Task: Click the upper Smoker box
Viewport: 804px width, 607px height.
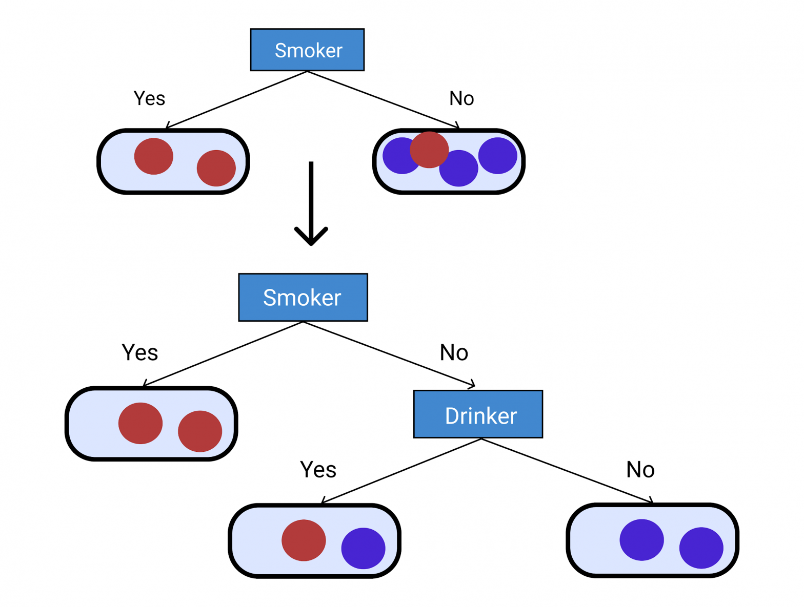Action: coord(307,50)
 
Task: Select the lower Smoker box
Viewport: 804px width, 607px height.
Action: coord(303,297)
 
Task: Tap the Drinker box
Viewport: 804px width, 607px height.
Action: coord(478,414)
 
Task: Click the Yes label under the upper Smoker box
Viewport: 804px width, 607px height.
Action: coord(149,98)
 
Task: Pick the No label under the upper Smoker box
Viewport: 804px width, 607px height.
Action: coord(461,98)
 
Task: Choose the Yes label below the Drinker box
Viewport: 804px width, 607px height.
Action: coord(318,469)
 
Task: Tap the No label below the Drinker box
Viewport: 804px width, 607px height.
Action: coord(640,469)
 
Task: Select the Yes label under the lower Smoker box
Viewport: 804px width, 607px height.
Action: coord(139,352)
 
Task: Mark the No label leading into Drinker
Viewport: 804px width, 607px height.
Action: coord(454,352)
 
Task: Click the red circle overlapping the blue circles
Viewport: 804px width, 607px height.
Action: coord(429,149)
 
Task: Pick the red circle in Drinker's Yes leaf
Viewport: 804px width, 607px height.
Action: coord(304,540)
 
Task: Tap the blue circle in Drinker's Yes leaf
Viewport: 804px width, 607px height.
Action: coord(363,548)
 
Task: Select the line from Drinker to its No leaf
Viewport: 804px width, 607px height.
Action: coord(567,470)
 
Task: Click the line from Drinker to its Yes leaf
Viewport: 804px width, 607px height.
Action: coord(401,471)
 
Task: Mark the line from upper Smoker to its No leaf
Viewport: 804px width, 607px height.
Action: coord(382,99)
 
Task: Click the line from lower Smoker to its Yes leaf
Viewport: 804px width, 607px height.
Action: coord(224,353)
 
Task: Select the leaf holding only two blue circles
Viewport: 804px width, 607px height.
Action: coord(652,540)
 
